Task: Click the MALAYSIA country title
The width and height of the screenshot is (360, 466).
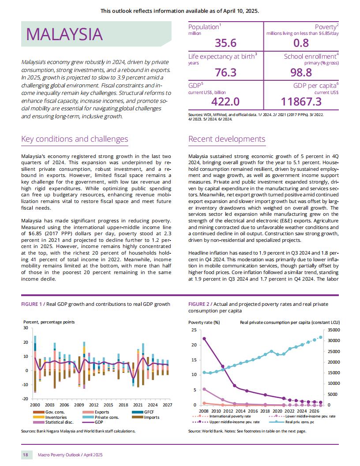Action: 64,34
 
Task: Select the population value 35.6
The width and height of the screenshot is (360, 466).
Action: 226,43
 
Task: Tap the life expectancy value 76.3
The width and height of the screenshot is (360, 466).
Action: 226,72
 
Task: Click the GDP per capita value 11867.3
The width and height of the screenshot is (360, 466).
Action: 301,101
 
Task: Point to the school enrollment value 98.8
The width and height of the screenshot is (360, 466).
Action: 301,72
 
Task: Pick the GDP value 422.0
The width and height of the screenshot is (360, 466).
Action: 225,101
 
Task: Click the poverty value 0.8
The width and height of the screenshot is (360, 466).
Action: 301,43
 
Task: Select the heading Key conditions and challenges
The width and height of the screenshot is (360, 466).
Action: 75,139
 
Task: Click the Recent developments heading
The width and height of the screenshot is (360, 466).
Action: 227,139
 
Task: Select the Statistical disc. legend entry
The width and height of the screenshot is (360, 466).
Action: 53,422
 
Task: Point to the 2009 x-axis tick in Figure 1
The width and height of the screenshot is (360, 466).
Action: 79,405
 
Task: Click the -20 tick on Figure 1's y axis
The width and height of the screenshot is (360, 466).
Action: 26,399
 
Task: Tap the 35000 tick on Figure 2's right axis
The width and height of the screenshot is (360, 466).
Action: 334,330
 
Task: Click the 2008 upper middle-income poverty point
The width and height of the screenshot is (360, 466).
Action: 204,338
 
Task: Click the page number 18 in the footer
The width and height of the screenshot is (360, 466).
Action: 26,455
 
